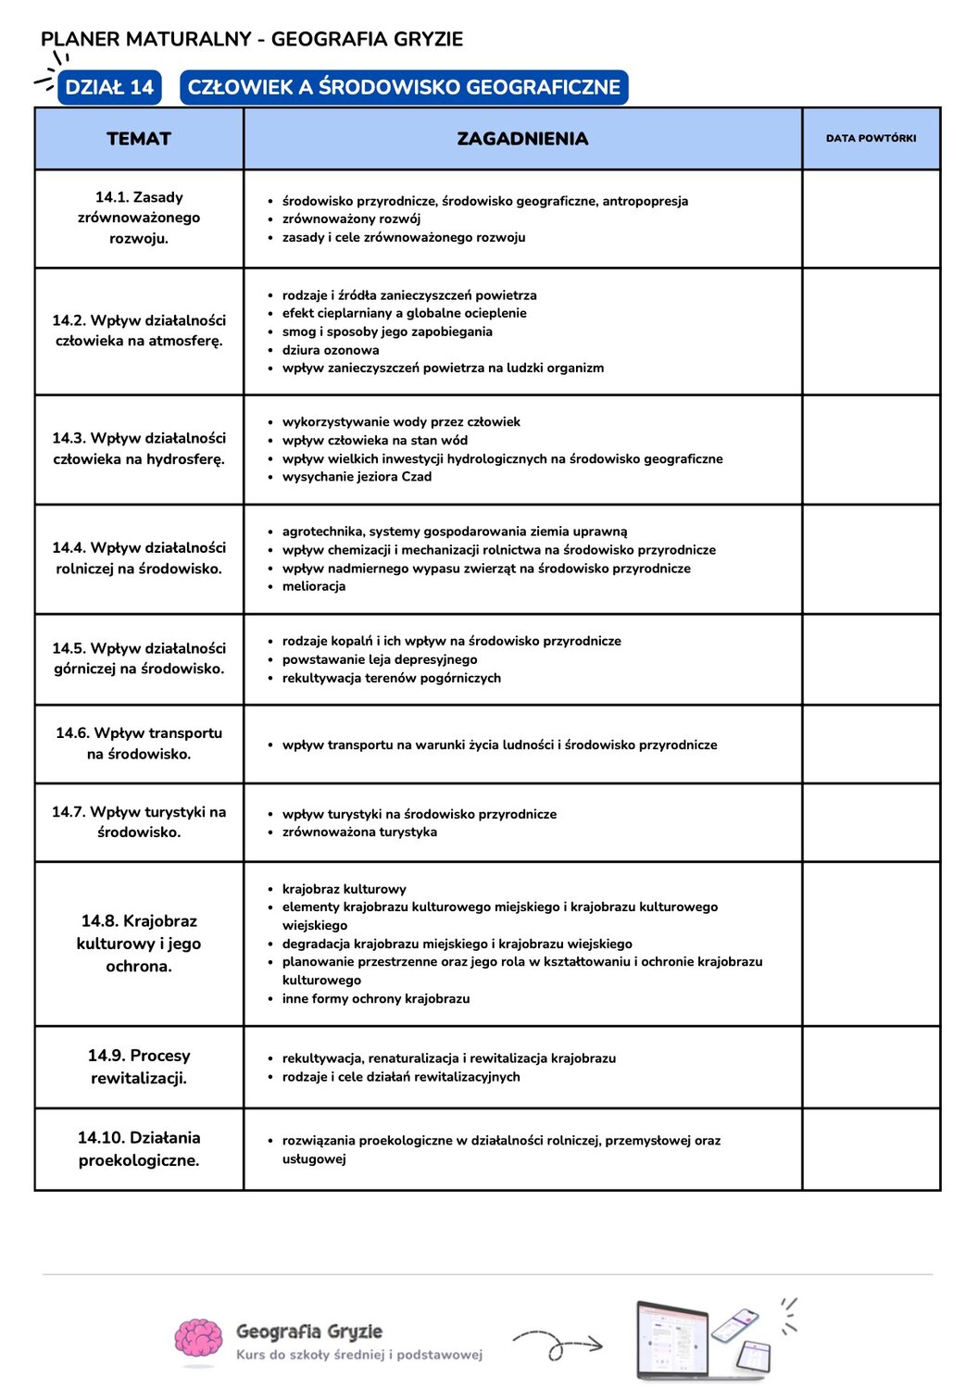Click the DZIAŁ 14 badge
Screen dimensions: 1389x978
[x=109, y=87]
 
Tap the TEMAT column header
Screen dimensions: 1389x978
[x=139, y=139]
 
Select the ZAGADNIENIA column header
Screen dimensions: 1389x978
[x=522, y=139]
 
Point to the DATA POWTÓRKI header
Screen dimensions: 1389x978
[x=871, y=139]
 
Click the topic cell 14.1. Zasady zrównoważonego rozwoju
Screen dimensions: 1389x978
[x=139, y=218]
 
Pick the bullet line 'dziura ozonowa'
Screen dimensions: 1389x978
[x=331, y=350]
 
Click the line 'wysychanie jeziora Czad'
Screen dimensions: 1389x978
[x=357, y=477]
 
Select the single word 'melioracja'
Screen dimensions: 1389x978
[x=314, y=586]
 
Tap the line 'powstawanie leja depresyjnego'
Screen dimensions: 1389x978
[x=380, y=659]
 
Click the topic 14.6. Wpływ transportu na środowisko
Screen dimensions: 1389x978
[x=139, y=744]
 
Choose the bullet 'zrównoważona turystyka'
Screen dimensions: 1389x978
[x=359, y=832]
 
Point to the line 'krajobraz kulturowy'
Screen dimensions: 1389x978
[x=344, y=889]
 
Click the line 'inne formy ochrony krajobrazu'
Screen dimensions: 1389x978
[x=376, y=999]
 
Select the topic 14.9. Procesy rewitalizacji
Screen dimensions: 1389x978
[x=139, y=1067]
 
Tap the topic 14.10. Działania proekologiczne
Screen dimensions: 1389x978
[x=139, y=1149]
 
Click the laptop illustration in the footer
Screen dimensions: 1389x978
[x=673, y=1340]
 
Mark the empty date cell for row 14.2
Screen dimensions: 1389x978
[x=871, y=332]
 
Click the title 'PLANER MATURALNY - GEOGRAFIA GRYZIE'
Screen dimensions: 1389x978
[x=252, y=39]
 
